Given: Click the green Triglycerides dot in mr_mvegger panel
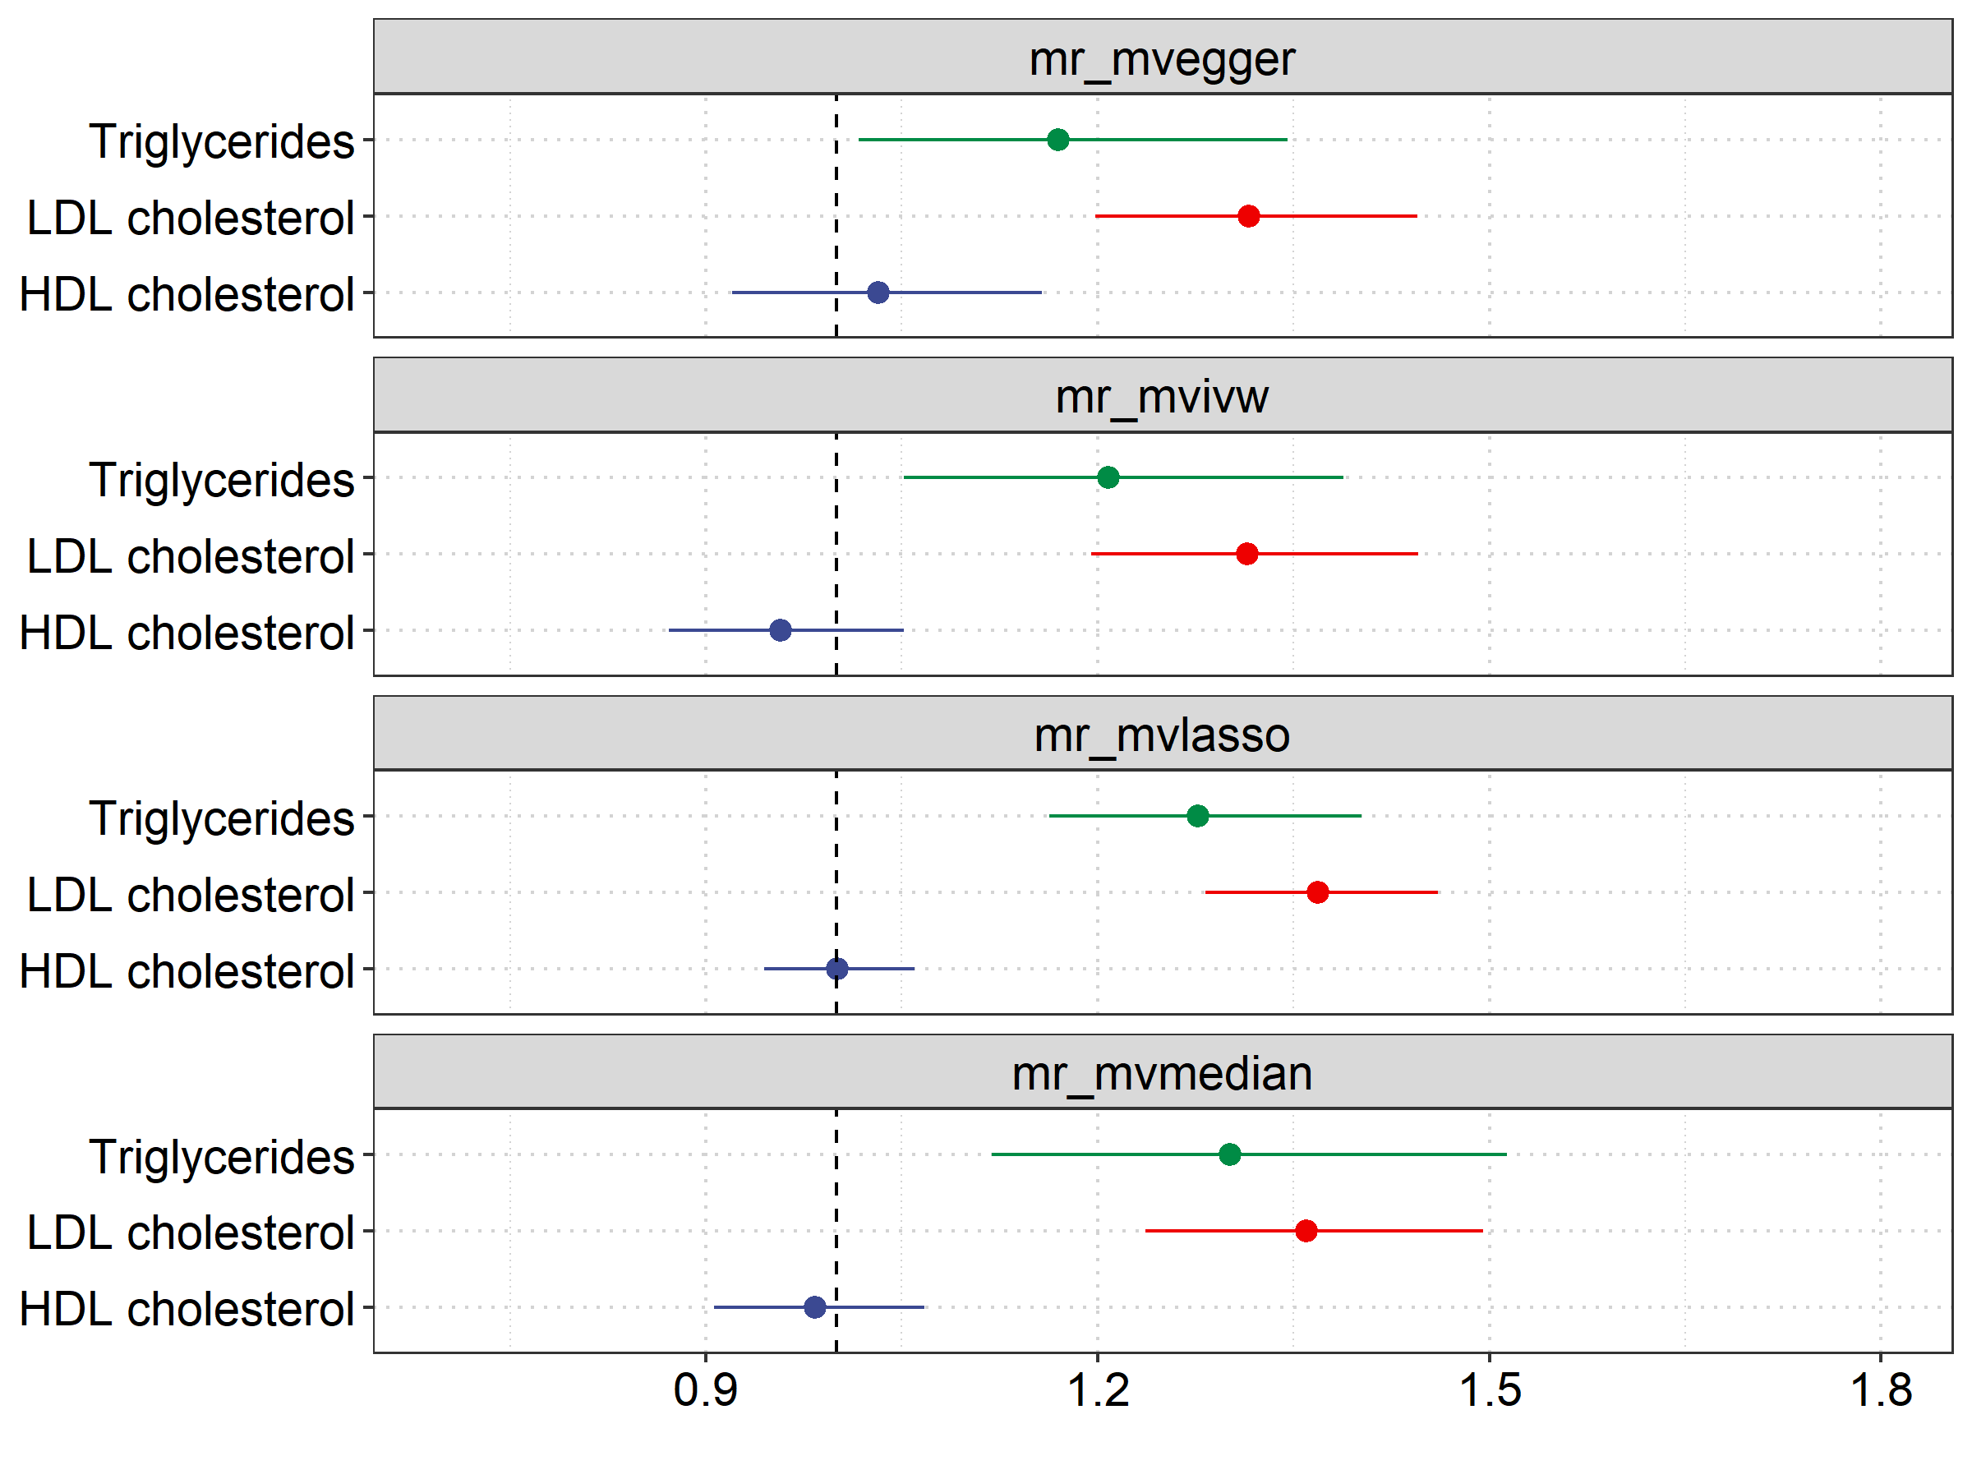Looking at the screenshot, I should coord(1057,140).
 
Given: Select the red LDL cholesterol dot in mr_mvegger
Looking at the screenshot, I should coord(1248,216).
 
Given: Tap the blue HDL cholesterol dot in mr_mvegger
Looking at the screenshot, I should coord(878,293).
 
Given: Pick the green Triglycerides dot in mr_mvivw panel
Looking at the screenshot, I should coord(1108,478).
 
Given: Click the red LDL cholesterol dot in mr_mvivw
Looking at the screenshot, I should coord(1247,554).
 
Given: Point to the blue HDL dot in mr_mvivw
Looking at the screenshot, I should coord(780,630).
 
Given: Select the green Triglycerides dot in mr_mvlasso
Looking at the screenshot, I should coord(1197,816).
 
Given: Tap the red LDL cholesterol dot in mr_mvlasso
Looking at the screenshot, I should coord(1318,892).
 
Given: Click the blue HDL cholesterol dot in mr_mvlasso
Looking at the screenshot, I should coord(837,968).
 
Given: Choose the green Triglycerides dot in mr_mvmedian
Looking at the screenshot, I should coord(1229,1154).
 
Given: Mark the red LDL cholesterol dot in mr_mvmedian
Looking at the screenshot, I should coord(1306,1231).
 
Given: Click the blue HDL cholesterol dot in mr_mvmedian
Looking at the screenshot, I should coord(815,1307).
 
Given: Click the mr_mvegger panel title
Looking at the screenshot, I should coord(1162,60).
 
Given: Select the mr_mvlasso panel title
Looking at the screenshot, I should coord(1162,736).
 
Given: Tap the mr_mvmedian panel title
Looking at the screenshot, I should coord(1162,1074).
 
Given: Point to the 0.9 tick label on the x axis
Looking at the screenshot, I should coord(705,1391).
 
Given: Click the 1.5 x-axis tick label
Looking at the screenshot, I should coord(1490,1391).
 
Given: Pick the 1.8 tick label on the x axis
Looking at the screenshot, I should coord(1881,1391).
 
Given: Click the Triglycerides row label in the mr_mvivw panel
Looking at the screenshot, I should coord(221,481).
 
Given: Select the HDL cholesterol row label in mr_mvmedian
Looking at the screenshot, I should coord(187,1310).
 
